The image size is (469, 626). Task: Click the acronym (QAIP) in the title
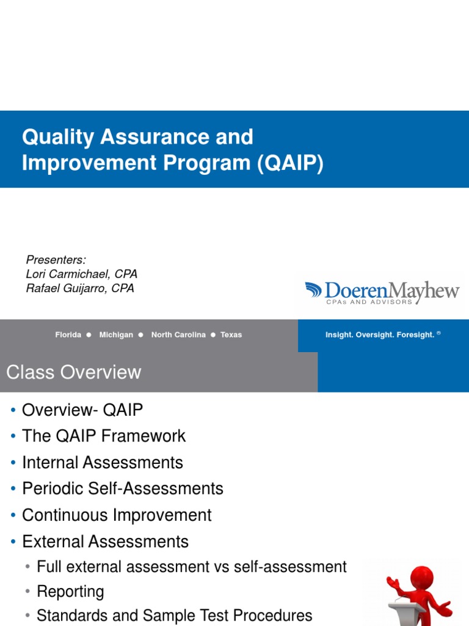289,163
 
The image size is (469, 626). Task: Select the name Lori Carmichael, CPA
82,274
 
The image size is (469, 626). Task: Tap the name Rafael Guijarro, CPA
80,289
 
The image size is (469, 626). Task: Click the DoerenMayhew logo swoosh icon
314,290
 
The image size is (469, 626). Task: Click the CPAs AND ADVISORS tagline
369,302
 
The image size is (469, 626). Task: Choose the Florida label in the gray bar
68,335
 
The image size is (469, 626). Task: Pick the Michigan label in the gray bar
116,335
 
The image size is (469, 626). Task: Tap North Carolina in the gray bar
178,335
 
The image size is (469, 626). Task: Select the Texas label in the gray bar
231,335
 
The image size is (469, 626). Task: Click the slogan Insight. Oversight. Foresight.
380,335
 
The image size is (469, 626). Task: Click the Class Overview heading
73,372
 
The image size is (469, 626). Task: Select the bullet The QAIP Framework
104,436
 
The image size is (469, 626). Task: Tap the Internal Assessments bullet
103,463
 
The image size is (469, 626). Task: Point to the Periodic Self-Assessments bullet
123,489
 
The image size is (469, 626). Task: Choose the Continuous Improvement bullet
117,515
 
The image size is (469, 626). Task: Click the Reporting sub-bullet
70,592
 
